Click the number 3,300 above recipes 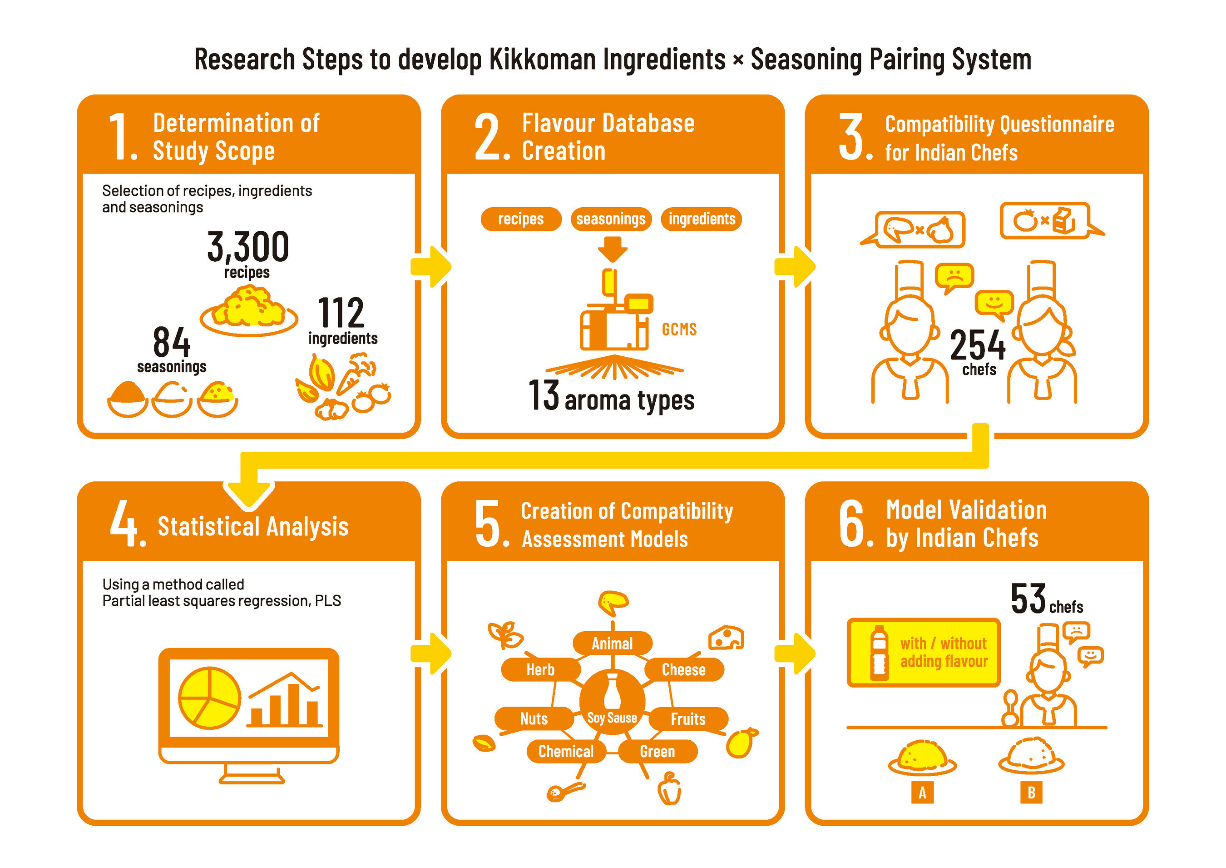[x=248, y=246]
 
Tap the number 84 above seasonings [x=171, y=342]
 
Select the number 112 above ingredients [x=341, y=313]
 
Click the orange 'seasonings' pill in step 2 [x=611, y=219]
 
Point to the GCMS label [x=679, y=329]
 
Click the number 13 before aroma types [x=543, y=396]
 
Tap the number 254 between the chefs [x=977, y=345]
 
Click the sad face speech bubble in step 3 [x=954, y=276]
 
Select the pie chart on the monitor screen [x=209, y=698]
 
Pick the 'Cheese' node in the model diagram [x=683, y=670]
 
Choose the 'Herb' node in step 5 [x=540, y=670]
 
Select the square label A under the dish [x=922, y=793]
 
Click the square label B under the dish [x=1031, y=793]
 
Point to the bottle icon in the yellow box [x=879, y=653]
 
